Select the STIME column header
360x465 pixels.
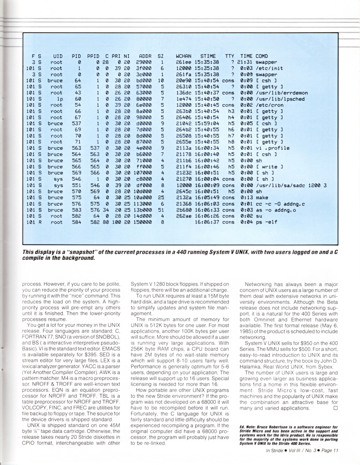coord(208,56)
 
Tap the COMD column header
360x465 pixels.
coord(262,56)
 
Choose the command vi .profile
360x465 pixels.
coord(272,148)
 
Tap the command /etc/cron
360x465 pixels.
coord(269,105)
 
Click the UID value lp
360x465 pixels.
coord(59,99)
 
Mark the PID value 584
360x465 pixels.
coord(76,222)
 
